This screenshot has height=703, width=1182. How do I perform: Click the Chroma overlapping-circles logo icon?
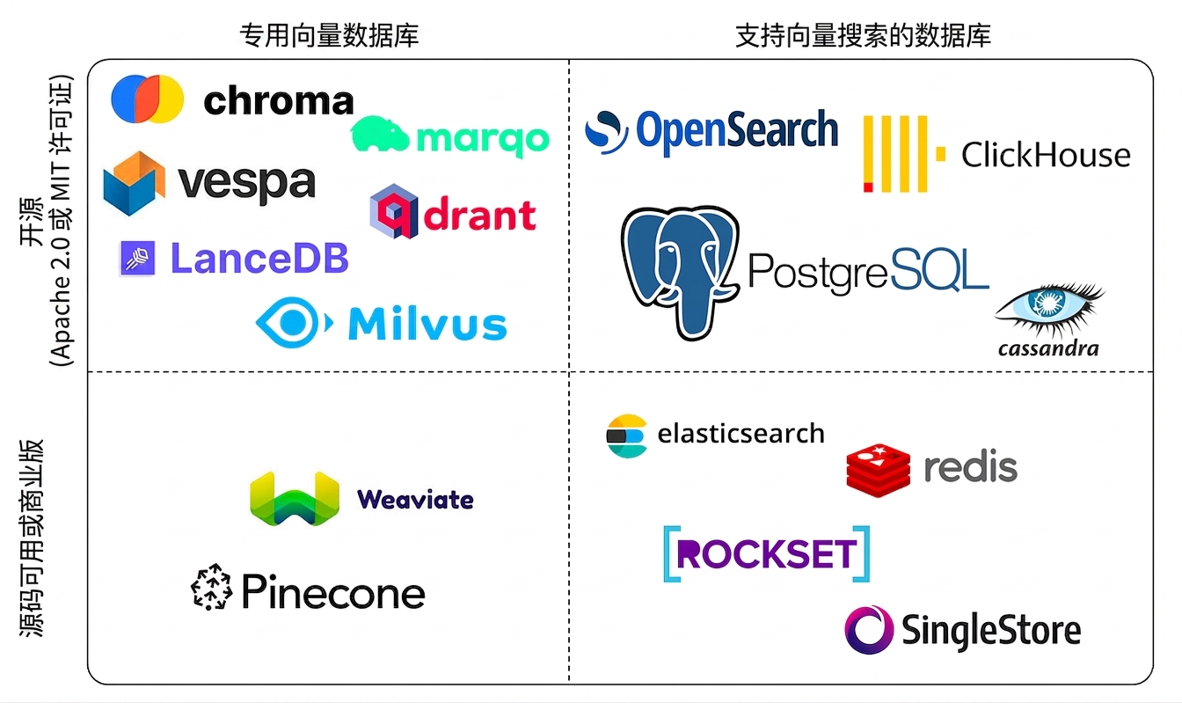(147, 99)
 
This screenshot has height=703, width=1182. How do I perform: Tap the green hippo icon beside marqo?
(379, 134)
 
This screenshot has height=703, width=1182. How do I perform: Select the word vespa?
(247, 183)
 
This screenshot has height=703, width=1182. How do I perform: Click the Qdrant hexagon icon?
(394, 211)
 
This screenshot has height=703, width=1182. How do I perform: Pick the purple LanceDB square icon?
(137, 258)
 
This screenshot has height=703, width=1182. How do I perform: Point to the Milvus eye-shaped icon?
(294, 323)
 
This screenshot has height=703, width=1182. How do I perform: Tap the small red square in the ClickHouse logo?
(868, 187)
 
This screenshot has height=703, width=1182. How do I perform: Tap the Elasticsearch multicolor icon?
(626, 436)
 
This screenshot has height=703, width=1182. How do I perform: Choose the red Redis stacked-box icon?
(879, 470)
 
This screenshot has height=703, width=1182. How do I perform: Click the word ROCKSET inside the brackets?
(766, 553)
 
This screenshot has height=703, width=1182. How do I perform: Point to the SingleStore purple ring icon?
(869, 630)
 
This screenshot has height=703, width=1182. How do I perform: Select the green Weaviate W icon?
(295, 499)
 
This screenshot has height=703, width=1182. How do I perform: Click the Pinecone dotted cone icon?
(212, 587)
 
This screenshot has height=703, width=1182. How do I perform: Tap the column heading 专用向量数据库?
(329, 36)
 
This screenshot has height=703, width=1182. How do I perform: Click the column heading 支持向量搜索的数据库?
(864, 36)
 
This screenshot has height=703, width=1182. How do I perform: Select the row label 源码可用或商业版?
(32, 538)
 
